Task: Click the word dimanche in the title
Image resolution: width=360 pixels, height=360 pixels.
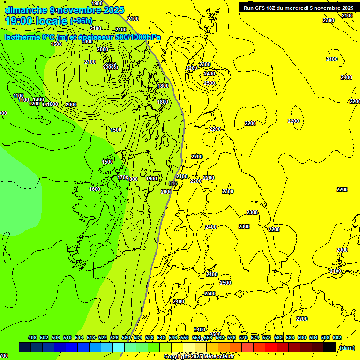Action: tap(26, 10)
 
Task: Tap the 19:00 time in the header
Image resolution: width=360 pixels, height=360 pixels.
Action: tap(22, 21)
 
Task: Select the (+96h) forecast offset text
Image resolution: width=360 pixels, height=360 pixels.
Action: tap(81, 21)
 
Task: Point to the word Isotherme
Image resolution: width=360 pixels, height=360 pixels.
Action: tap(22, 37)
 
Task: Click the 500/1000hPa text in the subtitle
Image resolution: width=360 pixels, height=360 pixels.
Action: tap(138, 37)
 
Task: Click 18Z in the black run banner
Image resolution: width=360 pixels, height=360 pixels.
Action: tap(277, 7)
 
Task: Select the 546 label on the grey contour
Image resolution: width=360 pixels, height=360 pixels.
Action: tap(172, 183)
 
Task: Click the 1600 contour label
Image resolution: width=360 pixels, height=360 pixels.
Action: tap(95, 189)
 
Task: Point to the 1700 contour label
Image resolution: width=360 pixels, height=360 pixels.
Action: tap(123, 177)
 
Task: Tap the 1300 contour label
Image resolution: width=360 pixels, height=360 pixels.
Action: tap(38, 99)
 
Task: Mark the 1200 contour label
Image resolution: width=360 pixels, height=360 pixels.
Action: tap(34, 104)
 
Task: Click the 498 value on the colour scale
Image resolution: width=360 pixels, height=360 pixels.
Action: tap(32, 337)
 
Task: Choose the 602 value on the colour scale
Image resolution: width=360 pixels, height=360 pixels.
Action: tap(337, 337)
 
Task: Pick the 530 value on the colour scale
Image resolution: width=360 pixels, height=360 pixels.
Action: tap(126, 337)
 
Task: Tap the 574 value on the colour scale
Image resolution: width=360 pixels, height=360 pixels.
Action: tap(255, 337)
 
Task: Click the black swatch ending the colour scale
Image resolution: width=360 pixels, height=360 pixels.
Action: tap(329, 347)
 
